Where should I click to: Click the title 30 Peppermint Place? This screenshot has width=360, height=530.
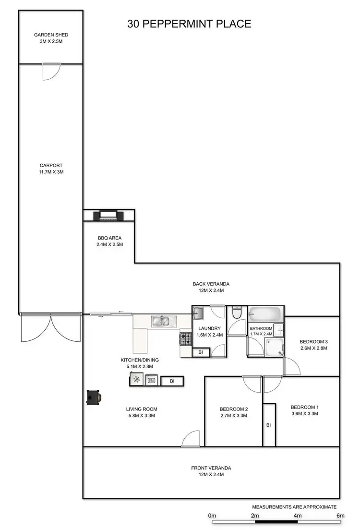tap(189, 24)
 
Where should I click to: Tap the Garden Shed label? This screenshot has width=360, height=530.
tap(51, 38)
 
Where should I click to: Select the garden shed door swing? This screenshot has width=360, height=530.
tap(50, 72)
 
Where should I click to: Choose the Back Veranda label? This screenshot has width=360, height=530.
tap(208, 287)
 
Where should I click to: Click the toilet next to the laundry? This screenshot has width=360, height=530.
tap(236, 313)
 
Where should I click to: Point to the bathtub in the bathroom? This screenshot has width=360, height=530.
tap(264, 315)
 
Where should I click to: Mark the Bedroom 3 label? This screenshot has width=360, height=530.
tap(313, 345)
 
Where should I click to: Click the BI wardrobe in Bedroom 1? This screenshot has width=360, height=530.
tap(269, 425)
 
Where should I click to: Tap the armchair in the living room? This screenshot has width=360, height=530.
tap(93, 397)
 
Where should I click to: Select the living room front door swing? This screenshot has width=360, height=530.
tap(191, 439)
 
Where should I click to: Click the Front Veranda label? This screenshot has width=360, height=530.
tap(211, 471)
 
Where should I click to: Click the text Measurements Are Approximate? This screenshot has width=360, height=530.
tap(294, 506)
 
